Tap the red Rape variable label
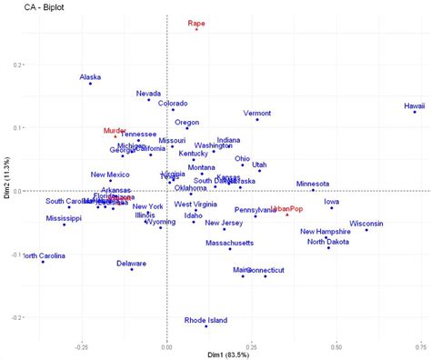click(196, 23)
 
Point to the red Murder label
click(115, 131)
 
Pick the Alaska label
click(90, 77)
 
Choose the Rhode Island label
click(205, 320)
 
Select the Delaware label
click(131, 263)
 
